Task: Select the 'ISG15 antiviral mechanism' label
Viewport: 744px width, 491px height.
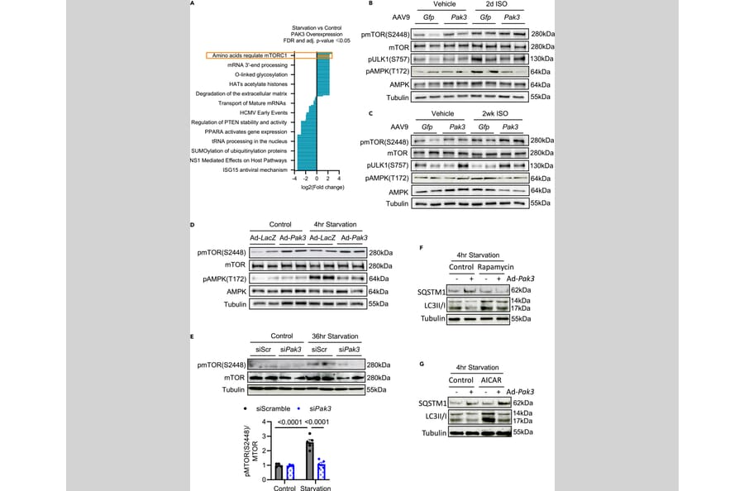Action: pyautogui.click(x=255, y=169)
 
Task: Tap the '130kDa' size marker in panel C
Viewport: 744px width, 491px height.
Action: pyautogui.click(x=542, y=165)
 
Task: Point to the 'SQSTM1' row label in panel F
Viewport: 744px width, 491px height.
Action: pyautogui.click(x=434, y=292)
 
